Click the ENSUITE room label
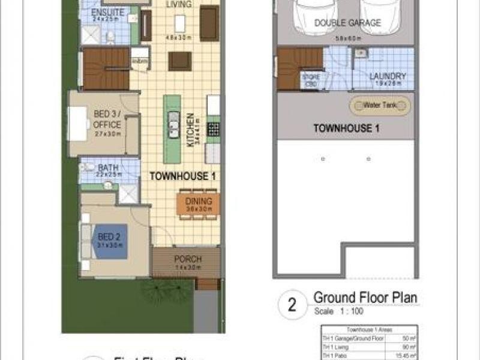click(x=108, y=13)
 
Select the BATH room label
click(x=107, y=169)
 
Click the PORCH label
click(x=188, y=260)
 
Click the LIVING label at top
click(x=179, y=5)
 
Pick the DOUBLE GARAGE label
click(x=347, y=23)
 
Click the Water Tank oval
click(x=380, y=106)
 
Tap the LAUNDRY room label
click(x=388, y=77)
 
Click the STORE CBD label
click(x=310, y=79)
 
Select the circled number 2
click(x=293, y=305)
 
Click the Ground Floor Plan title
click(x=365, y=298)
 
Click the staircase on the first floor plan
click(x=106, y=69)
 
